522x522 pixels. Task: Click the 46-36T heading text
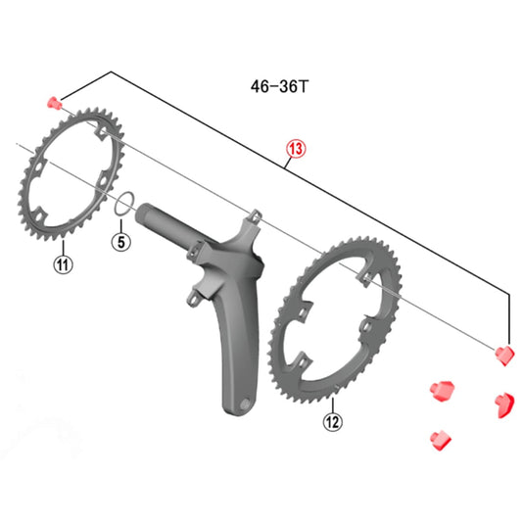(x=278, y=85)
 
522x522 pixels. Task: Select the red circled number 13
(x=296, y=149)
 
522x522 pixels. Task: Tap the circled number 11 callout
(x=63, y=264)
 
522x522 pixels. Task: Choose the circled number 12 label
(x=333, y=421)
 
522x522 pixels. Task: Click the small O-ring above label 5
(x=123, y=203)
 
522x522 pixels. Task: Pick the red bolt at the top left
(x=54, y=101)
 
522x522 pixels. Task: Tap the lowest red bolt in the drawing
(x=438, y=436)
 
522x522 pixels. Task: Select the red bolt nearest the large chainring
(x=438, y=391)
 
